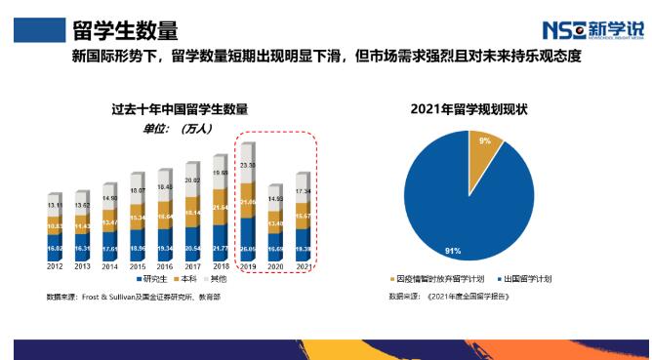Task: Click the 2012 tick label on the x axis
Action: [55, 265]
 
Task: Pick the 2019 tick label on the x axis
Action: [249, 265]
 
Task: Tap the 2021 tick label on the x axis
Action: [304, 265]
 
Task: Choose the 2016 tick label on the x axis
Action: [165, 265]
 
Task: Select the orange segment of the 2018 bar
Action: [221, 209]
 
